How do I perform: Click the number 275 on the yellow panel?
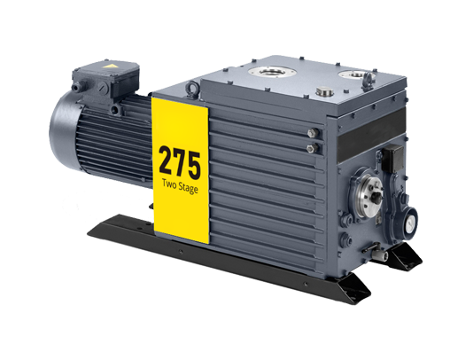[180, 162]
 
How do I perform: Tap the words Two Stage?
[180, 186]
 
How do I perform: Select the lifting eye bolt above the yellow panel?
[192, 89]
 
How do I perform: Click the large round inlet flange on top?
[272, 72]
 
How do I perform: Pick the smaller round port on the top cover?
[357, 74]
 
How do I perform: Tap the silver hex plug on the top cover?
[322, 91]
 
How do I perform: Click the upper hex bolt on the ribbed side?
[313, 133]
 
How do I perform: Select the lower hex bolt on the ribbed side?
[312, 148]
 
